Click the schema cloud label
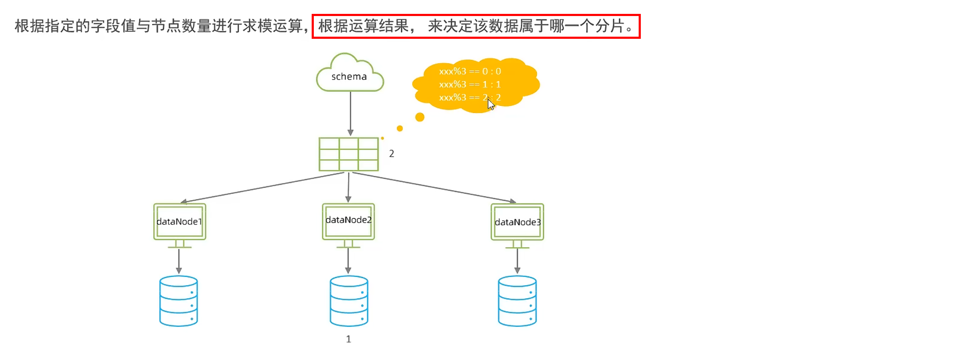(349, 77)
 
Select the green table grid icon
(348, 154)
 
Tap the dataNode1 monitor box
(180, 221)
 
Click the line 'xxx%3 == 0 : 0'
(470, 71)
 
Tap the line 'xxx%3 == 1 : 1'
(470, 84)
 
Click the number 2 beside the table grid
(392, 154)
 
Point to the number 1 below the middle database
(348, 339)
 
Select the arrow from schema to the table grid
(350, 113)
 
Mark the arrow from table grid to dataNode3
(433, 187)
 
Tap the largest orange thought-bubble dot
(420, 117)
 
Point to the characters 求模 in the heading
(257, 26)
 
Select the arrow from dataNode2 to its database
(348, 260)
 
